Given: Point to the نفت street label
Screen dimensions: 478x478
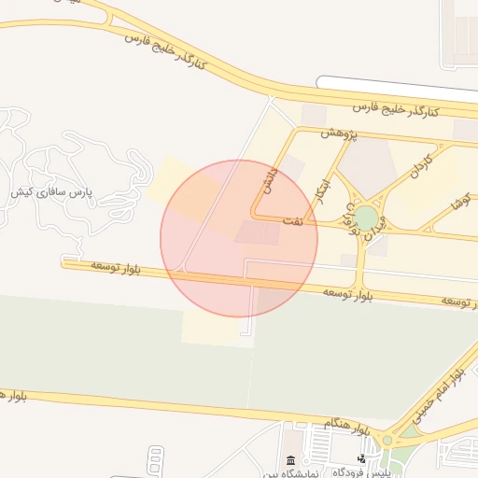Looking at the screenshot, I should [293, 221].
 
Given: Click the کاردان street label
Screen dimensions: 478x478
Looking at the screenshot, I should [421, 168].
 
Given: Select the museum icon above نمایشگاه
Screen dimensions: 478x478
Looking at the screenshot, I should [290, 460].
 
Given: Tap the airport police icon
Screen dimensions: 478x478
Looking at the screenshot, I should [361, 458].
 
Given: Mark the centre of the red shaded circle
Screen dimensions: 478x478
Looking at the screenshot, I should [239, 238].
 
